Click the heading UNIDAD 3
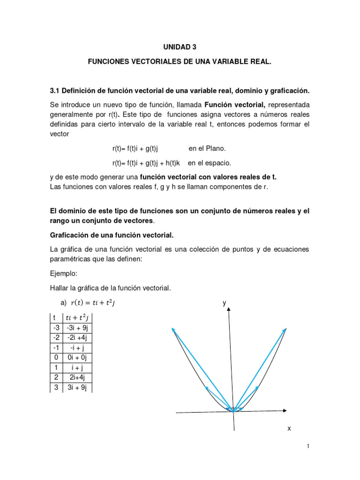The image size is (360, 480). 180,47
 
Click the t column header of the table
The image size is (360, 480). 56,317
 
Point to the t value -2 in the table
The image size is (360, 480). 56,337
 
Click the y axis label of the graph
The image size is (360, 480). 225,303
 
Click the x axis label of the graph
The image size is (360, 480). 289,428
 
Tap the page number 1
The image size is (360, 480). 308,447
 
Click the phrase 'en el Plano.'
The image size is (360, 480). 207,149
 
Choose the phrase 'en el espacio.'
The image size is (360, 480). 210,163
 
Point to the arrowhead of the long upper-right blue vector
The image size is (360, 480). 285,329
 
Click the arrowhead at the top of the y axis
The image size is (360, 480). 229,312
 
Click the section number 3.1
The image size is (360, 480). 55,90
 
